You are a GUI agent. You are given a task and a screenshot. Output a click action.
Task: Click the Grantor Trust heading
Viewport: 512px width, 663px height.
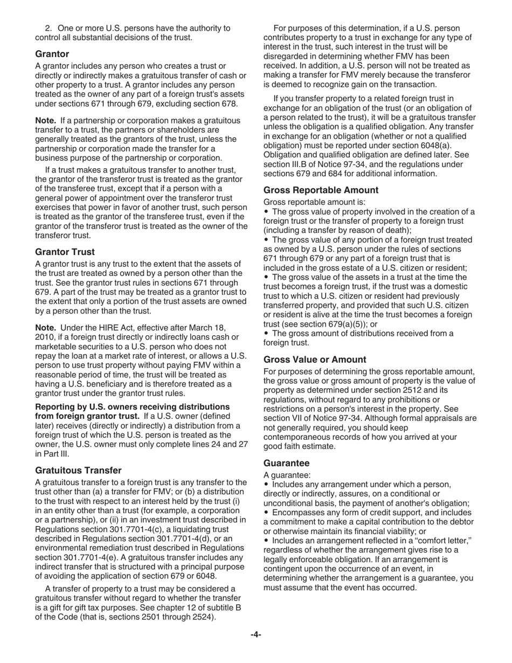65,252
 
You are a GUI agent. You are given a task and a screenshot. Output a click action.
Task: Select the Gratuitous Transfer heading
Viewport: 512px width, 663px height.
78,470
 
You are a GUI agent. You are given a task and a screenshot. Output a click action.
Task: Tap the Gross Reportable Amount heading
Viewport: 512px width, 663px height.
321,190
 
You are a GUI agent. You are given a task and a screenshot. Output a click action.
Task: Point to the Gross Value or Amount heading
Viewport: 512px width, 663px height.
315,359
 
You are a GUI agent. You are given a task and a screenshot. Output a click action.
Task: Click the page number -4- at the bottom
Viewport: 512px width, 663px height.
255,634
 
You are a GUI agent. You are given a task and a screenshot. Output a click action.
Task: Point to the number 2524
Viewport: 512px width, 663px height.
203,617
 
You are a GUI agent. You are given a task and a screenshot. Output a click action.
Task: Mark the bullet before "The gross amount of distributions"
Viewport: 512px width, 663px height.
266,333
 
